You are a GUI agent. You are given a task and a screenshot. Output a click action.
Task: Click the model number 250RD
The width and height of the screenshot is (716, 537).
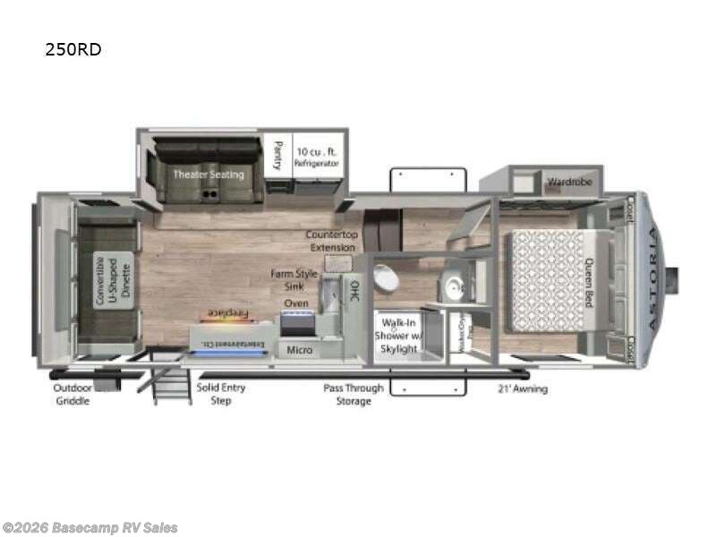73,50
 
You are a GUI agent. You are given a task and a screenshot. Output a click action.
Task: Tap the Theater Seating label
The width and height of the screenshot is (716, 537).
208,174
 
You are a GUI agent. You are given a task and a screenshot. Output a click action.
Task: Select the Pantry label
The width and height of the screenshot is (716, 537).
277,154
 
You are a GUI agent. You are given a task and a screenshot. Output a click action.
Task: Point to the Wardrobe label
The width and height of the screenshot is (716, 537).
566,182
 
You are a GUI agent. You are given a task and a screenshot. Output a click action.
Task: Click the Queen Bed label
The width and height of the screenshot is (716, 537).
589,283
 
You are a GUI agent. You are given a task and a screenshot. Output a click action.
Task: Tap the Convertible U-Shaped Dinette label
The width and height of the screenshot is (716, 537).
113,280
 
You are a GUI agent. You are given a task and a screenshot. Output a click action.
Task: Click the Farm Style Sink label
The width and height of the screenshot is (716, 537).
294,279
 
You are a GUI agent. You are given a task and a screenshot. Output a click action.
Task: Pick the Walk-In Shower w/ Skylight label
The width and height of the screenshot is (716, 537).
399,336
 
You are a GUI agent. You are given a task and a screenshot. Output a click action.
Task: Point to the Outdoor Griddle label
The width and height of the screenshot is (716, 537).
72,395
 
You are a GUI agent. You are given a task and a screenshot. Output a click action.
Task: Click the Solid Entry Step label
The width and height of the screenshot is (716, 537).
221,395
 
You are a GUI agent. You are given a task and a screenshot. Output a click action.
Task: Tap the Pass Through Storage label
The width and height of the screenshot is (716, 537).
353,395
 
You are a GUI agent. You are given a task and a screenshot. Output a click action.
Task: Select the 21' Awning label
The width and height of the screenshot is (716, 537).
523,389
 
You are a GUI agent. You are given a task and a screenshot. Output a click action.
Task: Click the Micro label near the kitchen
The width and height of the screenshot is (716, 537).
300,349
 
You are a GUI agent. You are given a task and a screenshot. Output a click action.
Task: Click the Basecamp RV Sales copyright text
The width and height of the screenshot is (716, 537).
89,528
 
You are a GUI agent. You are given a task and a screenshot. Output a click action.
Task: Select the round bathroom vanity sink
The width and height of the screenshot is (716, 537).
453,286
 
